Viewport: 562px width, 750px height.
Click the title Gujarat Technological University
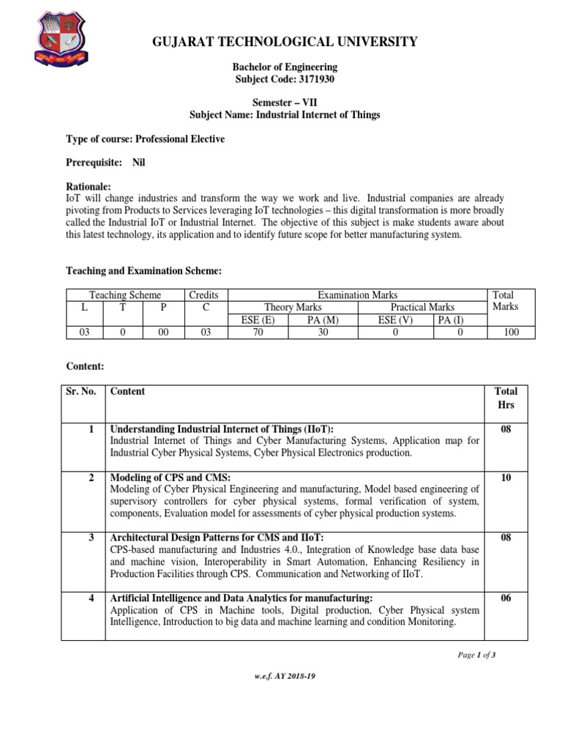[285, 42]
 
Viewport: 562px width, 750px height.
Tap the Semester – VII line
[285, 103]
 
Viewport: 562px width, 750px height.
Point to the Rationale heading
[89, 187]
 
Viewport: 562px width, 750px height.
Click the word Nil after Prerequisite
[138, 163]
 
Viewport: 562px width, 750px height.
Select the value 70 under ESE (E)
[258, 332]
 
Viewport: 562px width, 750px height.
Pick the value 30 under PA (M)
[323, 332]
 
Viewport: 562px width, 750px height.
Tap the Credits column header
[205, 294]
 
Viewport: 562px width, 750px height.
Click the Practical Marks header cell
[422, 307]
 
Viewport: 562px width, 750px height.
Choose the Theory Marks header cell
[293, 307]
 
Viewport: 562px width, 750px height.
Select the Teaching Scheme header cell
[125, 294]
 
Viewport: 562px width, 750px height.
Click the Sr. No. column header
[82, 391]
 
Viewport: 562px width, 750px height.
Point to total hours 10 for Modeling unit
[506, 478]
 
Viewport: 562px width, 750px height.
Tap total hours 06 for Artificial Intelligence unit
[506, 598]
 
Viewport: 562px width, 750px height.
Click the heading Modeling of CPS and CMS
[171, 478]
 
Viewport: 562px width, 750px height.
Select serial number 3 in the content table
[91, 538]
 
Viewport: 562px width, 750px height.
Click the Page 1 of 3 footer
[477, 655]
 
